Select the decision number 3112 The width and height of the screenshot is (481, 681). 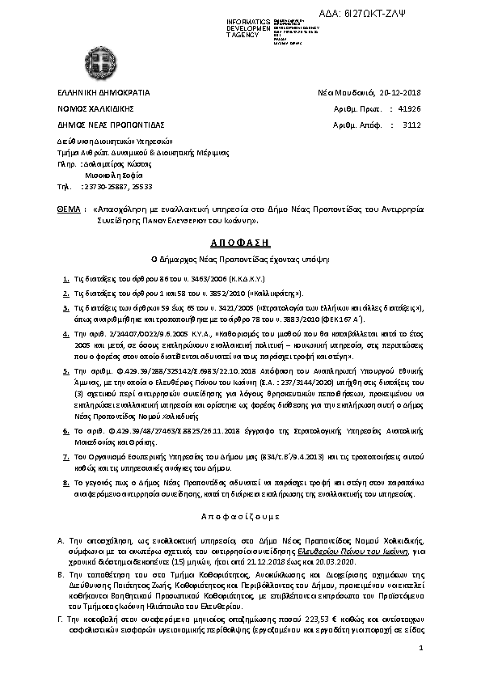tap(411, 125)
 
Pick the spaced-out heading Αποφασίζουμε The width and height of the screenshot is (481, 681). tap(239, 514)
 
